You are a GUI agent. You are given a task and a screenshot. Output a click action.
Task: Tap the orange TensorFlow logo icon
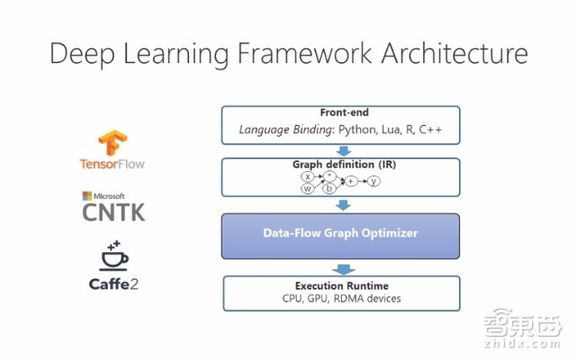tap(112, 144)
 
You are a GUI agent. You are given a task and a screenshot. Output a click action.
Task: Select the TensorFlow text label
tap(112, 165)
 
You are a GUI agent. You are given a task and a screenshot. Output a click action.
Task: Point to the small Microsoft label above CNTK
tap(105, 195)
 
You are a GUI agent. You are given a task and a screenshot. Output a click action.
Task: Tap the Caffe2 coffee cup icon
tap(113, 256)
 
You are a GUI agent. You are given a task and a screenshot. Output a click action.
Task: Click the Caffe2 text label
tap(113, 283)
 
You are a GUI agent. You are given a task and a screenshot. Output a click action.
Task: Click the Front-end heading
tap(340, 114)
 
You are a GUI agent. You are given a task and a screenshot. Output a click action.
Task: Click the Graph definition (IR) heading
tap(340, 165)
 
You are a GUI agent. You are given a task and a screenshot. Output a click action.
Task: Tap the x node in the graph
tap(309, 176)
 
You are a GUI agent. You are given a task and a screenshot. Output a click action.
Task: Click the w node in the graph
tap(309, 188)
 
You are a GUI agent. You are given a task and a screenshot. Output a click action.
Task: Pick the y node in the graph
tap(373, 181)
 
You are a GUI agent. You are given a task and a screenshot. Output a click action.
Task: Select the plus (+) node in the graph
tap(351, 181)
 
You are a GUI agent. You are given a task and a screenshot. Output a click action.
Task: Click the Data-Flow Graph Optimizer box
tap(340, 233)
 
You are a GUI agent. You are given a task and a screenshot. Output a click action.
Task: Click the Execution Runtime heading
tap(340, 284)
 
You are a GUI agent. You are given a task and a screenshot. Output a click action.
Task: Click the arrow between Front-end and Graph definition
tap(340, 151)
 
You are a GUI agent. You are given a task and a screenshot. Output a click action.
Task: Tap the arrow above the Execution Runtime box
tap(340, 269)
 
